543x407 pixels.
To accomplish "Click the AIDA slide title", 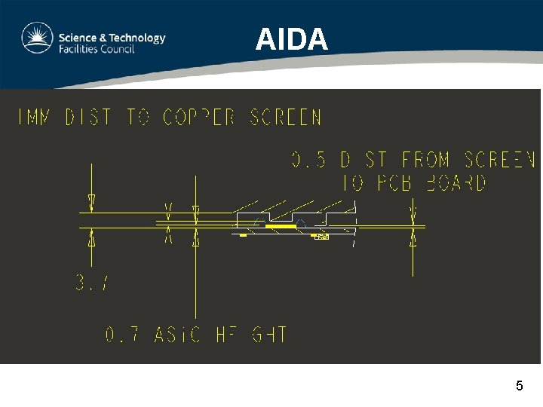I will point(291,39).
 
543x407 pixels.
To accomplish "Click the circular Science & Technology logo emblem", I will point(36,38).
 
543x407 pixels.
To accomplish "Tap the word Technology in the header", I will point(135,38).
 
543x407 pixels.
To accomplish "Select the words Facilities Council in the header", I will point(97,49).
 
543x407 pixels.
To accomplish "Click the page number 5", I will point(519,386).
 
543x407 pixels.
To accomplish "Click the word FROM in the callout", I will point(427,161).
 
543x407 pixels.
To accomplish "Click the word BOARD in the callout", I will point(456,183).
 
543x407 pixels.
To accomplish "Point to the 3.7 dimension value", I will point(92,283).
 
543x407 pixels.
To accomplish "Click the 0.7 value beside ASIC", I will point(121,335).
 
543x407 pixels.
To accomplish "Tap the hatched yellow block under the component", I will point(321,237).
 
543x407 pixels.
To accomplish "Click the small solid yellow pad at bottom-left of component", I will point(243,236).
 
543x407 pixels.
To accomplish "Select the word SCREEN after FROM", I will point(500,161).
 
